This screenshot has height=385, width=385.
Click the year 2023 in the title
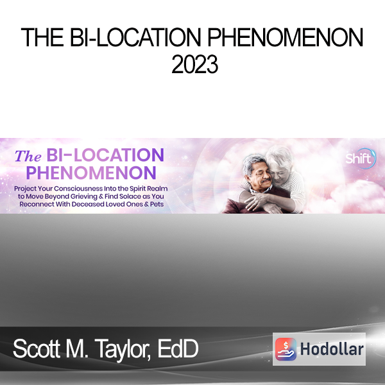click(x=194, y=64)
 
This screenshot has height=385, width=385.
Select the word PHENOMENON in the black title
click(x=286, y=37)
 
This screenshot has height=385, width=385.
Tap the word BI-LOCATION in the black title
click(x=135, y=37)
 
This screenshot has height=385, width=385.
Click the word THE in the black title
click(x=42, y=37)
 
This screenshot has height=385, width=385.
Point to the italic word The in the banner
click(x=28, y=157)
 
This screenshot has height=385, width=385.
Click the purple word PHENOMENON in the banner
click(x=91, y=173)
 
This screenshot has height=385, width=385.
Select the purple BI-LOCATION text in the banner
click(x=105, y=155)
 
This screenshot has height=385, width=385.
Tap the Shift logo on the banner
click(x=361, y=158)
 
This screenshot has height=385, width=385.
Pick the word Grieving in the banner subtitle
click(x=83, y=197)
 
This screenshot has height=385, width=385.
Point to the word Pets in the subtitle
click(x=157, y=204)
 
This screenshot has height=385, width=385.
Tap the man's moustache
click(x=266, y=180)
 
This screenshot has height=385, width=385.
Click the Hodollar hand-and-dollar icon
click(x=286, y=349)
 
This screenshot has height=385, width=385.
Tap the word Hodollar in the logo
click(x=332, y=349)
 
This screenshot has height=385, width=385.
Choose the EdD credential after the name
click(x=178, y=348)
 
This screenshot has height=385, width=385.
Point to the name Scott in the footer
click(x=37, y=348)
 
